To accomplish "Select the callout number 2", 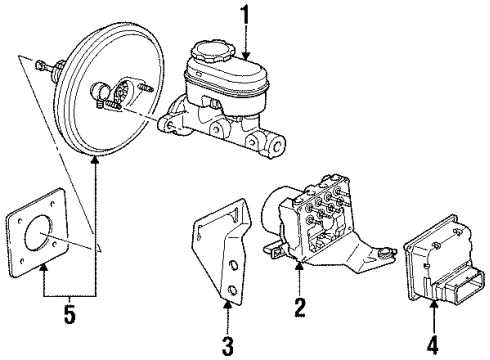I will tap(299, 308).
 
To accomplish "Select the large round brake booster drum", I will tap(100, 96).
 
